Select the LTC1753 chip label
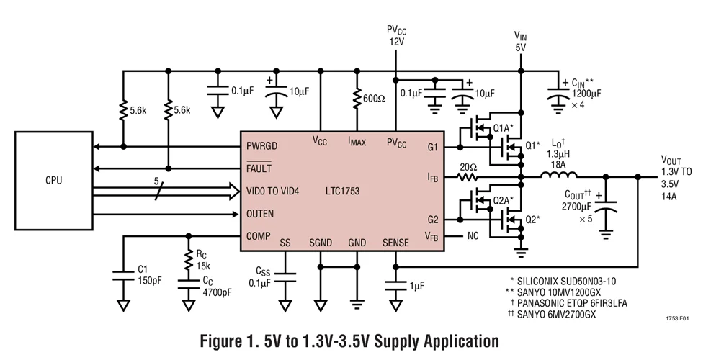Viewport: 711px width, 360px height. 342,191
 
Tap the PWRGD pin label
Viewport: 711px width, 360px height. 263,145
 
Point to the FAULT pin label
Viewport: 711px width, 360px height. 260,168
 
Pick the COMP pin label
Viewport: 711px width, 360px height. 259,235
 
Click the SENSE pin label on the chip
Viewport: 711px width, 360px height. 395,243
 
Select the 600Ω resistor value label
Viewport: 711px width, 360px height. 374,98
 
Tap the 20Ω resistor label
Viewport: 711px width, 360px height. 469,167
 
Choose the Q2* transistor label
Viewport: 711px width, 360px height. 532,219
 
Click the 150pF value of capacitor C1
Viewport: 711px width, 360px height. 149,282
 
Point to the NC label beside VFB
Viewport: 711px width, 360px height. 473,235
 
